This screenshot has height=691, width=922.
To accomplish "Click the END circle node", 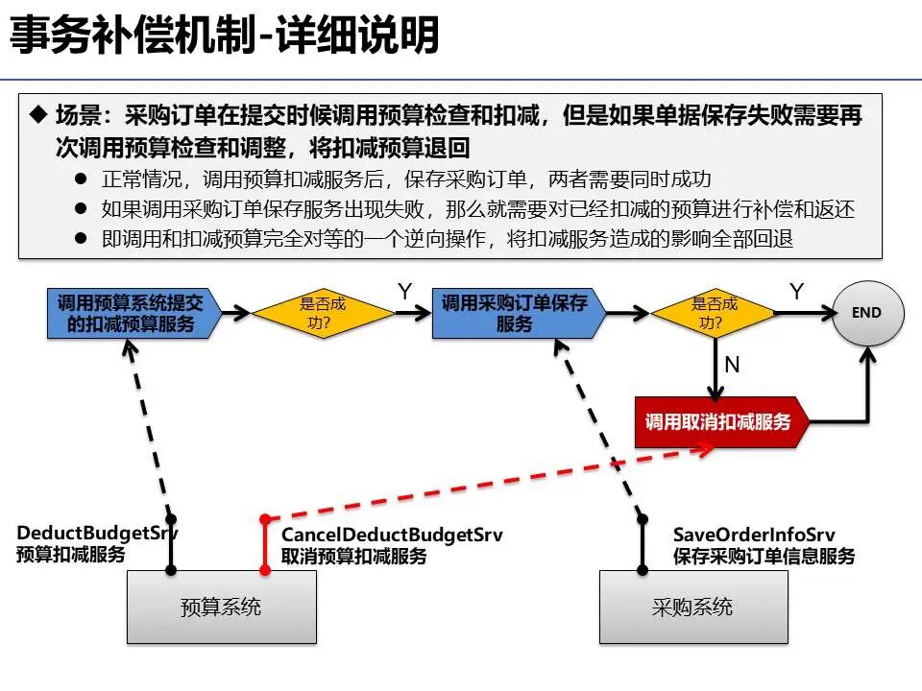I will [866, 313].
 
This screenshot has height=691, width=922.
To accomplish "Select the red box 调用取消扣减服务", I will [717, 422].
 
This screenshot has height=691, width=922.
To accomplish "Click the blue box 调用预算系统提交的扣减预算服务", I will [131, 313].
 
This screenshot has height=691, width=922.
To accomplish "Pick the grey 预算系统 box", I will [221, 607].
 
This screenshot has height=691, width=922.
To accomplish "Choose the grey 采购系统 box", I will [692, 607].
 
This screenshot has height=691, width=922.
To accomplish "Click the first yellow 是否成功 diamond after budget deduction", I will [323, 313].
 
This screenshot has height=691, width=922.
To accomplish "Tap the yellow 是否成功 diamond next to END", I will [714, 313].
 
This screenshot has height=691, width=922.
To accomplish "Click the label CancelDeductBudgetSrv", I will [391, 535].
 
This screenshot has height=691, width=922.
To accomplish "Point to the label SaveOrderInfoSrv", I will [753, 535].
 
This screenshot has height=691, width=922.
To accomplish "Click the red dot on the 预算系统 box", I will [265, 569].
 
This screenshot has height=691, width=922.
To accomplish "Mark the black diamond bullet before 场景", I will [38, 116].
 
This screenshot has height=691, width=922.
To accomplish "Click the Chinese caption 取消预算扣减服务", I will [353, 556].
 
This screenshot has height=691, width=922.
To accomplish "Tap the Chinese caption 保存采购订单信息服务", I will [764, 556].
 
